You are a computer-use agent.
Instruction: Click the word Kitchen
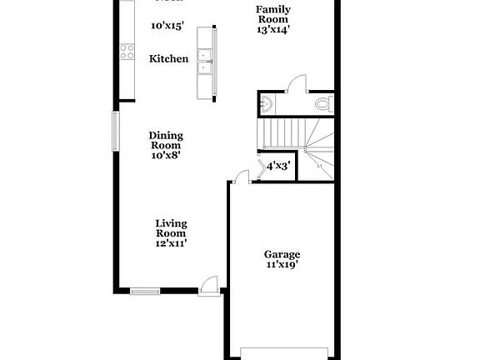[168, 59]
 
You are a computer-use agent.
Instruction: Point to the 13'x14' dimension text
[272, 29]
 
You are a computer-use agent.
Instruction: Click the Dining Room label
[166, 140]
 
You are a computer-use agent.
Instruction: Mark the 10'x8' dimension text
[166, 154]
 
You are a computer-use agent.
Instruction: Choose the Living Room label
[171, 228]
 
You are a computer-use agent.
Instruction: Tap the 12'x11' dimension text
[171, 243]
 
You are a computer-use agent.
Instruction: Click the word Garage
[282, 254]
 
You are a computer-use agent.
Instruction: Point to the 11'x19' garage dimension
[282, 265]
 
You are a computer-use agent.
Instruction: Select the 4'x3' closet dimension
[277, 165]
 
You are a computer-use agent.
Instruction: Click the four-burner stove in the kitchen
[127, 52]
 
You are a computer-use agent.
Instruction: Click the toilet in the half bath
[324, 104]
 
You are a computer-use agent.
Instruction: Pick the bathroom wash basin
[265, 103]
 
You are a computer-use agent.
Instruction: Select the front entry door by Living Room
[209, 285]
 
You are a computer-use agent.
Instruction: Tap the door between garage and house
[242, 176]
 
